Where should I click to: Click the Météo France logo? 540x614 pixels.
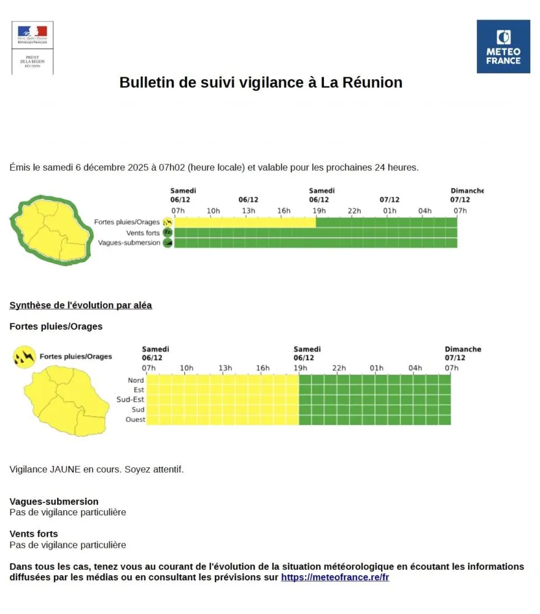click(503, 46)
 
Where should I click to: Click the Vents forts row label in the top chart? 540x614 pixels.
click(142, 233)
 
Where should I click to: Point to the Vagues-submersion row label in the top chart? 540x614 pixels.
click(129, 243)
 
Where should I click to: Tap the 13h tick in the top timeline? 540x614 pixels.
click(249, 211)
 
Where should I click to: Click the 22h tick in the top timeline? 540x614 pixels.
click(354, 211)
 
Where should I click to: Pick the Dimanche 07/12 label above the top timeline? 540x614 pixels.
click(466, 195)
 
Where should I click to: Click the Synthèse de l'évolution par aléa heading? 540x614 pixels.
click(81, 305)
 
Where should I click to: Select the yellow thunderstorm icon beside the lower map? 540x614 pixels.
click(23, 356)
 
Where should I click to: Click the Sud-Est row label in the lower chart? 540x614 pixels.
click(130, 399)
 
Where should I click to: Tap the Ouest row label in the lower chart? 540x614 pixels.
click(134, 419)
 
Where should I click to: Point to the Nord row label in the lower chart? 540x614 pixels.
click(136, 380)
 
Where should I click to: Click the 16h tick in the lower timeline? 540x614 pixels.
click(263, 368)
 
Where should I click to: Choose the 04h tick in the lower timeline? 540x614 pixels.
click(415, 368)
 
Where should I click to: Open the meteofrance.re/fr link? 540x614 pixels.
click(335, 578)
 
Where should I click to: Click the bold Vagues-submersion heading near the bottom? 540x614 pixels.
click(54, 502)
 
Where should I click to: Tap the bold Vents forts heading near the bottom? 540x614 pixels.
click(34, 534)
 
